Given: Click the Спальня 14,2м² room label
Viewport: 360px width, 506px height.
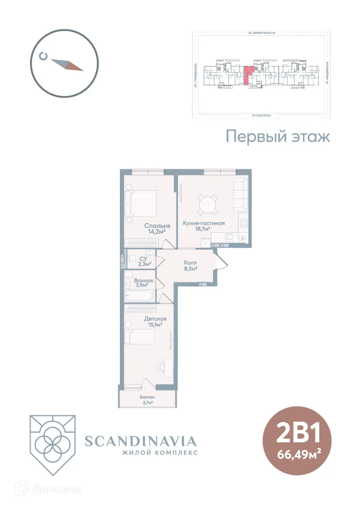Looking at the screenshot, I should click(155, 228).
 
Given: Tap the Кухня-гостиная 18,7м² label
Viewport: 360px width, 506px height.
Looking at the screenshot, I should click(203, 226).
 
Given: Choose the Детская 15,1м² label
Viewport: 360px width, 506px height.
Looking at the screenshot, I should click(155, 322).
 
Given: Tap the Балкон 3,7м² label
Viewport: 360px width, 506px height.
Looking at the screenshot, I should click(147, 400).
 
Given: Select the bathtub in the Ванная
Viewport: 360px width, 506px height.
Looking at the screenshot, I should click(139, 296).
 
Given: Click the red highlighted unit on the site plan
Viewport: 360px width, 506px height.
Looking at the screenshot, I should click(247, 76).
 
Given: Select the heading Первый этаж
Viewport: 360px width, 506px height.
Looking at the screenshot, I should click(278, 137).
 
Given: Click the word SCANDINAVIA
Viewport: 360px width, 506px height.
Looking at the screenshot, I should click(141, 441).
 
